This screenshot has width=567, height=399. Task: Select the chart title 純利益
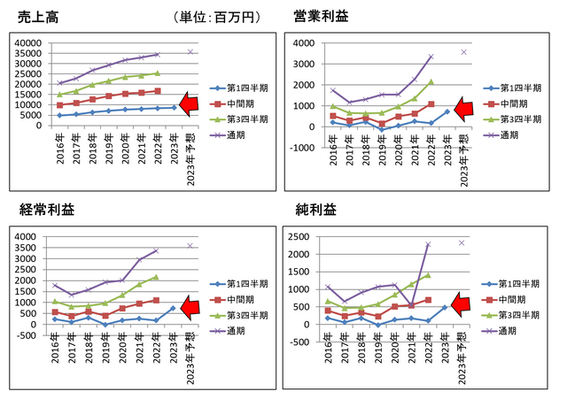[315, 210]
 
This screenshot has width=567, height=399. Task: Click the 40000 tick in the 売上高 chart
[27, 42]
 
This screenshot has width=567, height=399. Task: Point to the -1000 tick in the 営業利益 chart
[301, 148]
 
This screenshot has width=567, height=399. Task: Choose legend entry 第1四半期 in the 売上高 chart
[244, 88]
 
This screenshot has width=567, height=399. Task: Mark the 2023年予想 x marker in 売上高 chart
[190, 51]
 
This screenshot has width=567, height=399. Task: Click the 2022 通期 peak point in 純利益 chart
[429, 244]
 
